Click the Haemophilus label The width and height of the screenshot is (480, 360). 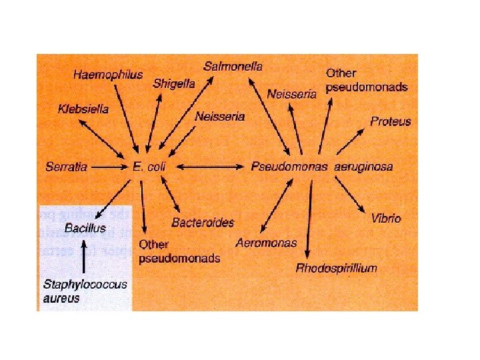pyautogui.click(x=108, y=75)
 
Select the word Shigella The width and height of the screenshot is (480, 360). pyautogui.click(x=174, y=83)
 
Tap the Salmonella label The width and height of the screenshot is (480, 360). pyautogui.click(x=233, y=66)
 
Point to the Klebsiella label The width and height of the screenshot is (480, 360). pyautogui.click(x=83, y=109)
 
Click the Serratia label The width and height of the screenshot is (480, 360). pyautogui.click(x=67, y=167)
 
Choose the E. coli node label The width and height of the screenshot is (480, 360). pyautogui.click(x=149, y=167)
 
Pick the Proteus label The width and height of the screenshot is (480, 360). pyautogui.click(x=391, y=121)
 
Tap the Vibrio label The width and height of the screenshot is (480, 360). pyautogui.click(x=386, y=218)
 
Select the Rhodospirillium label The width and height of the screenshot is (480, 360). pyautogui.click(x=337, y=268)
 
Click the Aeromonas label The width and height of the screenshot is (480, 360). pyautogui.click(x=266, y=243)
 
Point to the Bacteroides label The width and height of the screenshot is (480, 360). pyautogui.click(x=203, y=222)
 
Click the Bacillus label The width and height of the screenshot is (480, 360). pyautogui.click(x=85, y=228)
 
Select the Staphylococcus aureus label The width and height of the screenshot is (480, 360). pyautogui.click(x=85, y=291)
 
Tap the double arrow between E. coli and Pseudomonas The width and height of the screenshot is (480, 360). pyautogui.click(x=207, y=167)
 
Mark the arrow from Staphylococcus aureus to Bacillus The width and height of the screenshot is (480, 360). pyautogui.click(x=83, y=256)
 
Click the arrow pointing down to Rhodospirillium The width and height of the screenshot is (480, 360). pyautogui.click(x=309, y=220)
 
